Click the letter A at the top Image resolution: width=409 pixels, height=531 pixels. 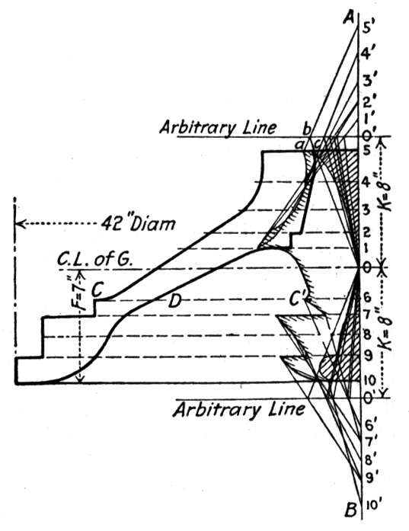(x=349, y=17)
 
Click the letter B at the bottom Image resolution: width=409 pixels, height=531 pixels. (x=351, y=510)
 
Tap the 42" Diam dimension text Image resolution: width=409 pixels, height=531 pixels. (x=139, y=223)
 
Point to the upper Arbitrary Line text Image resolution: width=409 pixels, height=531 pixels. (x=218, y=128)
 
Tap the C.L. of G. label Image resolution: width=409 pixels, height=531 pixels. (x=94, y=260)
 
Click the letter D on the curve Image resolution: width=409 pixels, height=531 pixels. (x=174, y=301)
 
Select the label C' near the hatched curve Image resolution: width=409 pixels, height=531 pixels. (x=298, y=299)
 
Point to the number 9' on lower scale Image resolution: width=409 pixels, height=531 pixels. (x=369, y=478)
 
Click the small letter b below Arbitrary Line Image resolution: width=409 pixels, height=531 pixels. (x=306, y=129)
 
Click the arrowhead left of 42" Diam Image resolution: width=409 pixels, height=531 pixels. (x=21, y=224)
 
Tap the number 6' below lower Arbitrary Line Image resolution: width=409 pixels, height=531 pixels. (x=369, y=424)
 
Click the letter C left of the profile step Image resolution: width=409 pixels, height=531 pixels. (x=97, y=290)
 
